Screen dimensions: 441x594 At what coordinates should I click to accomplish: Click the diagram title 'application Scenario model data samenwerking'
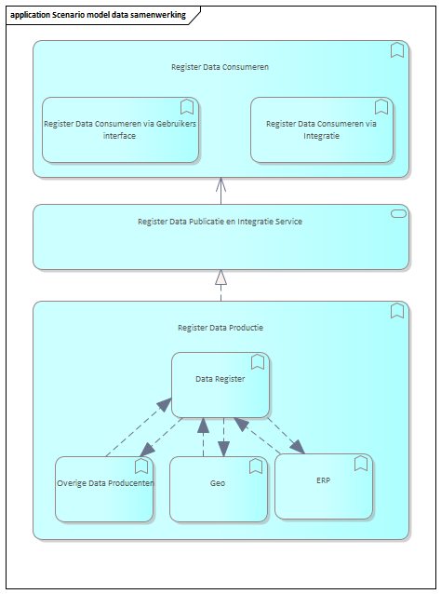(98, 15)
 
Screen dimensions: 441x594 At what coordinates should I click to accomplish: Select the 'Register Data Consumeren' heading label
(220, 67)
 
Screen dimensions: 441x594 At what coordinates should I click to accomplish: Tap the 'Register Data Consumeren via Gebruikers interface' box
(120, 130)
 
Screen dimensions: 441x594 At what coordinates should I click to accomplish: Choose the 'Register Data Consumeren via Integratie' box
(322, 130)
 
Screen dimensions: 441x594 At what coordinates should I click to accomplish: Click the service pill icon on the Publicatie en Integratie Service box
(398, 214)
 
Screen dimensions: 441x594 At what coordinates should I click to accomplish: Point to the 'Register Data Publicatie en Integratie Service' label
(220, 222)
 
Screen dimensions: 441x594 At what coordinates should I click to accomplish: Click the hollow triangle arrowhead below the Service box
(221, 277)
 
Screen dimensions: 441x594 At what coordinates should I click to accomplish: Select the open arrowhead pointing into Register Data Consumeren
(221, 184)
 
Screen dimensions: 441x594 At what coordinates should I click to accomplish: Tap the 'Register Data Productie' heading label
(220, 328)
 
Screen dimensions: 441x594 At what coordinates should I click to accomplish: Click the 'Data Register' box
(220, 385)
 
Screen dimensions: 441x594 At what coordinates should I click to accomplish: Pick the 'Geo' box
(219, 489)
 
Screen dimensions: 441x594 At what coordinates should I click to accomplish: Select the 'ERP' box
(324, 486)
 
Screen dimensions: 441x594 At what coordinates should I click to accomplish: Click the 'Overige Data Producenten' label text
(105, 483)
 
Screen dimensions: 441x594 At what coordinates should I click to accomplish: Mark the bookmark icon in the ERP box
(361, 464)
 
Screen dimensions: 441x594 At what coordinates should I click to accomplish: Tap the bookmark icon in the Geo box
(256, 466)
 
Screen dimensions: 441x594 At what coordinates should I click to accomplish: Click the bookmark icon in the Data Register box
(258, 362)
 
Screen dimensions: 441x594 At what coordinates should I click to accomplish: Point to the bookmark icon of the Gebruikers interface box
(187, 107)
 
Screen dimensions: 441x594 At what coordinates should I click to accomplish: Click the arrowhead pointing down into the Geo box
(223, 449)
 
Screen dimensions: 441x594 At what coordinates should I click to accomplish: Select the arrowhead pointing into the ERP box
(297, 447)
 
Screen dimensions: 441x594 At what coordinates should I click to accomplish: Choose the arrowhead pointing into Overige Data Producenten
(148, 450)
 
